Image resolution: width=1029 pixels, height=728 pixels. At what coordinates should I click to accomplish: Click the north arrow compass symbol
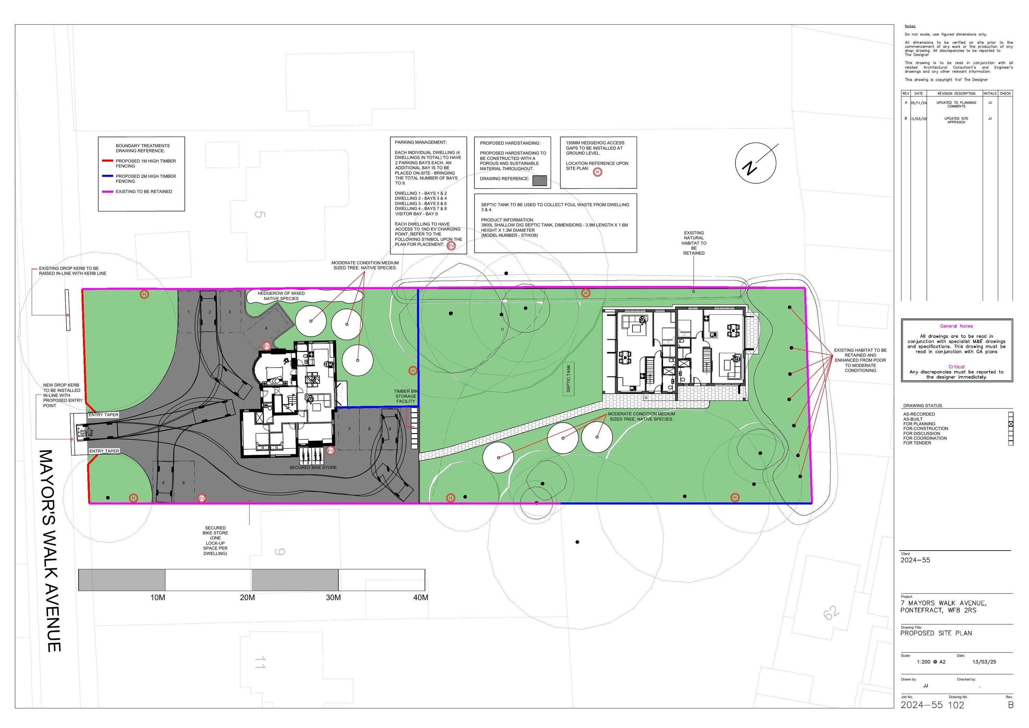(755, 162)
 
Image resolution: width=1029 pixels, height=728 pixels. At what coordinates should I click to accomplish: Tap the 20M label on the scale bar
(247, 598)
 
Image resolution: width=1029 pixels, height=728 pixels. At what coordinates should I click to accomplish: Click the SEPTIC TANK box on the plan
(568, 379)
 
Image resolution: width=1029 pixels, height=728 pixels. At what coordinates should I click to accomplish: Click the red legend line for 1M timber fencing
(108, 161)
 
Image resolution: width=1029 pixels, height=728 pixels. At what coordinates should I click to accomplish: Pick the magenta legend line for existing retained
(108, 192)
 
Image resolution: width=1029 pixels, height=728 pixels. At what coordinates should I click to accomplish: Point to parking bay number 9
(389, 429)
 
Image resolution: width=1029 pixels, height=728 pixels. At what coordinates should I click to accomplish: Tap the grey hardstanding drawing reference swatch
(540, 180)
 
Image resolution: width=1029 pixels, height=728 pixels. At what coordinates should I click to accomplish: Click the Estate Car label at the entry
(85, 433)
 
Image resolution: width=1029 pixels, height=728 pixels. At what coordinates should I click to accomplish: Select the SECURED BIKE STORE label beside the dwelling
(313, 467)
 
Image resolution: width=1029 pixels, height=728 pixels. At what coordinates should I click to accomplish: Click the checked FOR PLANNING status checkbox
(1010, 424)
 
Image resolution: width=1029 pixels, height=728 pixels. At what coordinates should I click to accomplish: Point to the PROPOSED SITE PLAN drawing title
(936, 633)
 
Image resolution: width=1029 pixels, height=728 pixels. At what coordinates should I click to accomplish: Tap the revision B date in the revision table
(919, 119)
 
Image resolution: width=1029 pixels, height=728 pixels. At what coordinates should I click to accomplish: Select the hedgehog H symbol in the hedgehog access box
(598, 172)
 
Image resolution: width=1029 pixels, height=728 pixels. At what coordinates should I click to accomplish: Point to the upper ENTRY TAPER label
(104, 415)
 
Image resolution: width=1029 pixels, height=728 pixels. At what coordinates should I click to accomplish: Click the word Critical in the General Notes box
(956, 367)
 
